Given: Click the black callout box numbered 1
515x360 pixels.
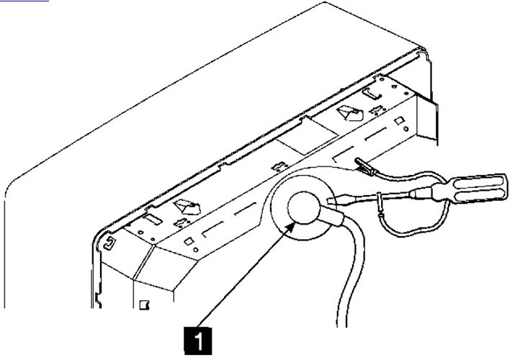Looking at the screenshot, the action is click(198, 341).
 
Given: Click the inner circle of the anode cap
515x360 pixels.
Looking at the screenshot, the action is click(303, 207).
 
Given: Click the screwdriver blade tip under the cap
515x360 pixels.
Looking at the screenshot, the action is click(328, 199).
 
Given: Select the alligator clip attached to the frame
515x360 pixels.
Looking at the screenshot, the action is click(364, 166).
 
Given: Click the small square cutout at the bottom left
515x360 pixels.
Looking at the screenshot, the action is click(144, 305).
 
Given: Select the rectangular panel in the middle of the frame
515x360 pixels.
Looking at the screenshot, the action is click(307, 136).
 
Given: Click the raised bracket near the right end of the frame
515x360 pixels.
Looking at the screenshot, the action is click(350, 112).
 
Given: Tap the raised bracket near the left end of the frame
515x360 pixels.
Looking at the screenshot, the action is click(187, 207).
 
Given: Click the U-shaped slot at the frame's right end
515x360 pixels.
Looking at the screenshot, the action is click(372, 93).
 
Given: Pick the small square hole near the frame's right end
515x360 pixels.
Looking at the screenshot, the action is click(398, 121).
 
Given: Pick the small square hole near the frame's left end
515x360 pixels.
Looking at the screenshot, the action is click(188, 241).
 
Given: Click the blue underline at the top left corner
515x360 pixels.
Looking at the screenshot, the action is click(24, 1).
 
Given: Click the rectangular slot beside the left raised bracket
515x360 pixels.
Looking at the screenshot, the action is click(153, 219).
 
